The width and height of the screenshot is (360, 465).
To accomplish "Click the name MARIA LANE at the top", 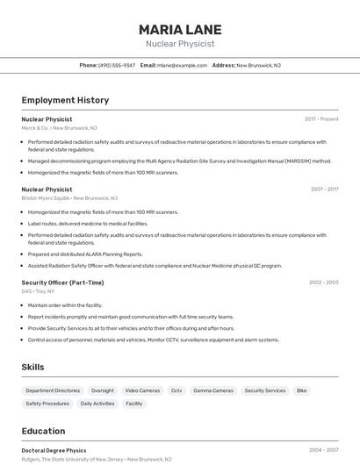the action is (180, 29).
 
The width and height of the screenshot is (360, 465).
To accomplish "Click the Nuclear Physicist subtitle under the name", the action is (180, 44).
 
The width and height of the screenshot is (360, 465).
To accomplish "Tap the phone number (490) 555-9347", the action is (117, 65).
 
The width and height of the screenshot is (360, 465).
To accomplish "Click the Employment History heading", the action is (65, 100).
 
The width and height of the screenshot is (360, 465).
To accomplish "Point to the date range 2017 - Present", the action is (321, 118).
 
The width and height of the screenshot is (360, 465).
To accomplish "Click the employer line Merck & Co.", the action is (59, 128).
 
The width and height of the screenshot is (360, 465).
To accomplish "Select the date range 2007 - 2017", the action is (324, 189).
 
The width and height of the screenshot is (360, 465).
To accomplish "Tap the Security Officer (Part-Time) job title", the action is (62, 283).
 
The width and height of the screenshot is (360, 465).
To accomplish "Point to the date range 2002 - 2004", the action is (323, 283).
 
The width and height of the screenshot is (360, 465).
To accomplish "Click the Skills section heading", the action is (33, 367).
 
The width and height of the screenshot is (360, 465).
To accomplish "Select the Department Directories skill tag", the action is (53, 390).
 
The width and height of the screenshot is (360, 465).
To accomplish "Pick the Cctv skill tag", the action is (176, 390).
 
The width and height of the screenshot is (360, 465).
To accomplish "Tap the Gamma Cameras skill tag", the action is (213, 390).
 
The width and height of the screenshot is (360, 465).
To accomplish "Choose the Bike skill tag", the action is (301, 390).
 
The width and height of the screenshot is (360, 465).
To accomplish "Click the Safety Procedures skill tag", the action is (47, 404).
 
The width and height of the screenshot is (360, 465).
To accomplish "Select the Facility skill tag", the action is (133, 404).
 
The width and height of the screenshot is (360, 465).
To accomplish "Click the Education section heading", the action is (43, 431).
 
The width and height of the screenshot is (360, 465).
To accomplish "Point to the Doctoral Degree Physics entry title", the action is (54, 450).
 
